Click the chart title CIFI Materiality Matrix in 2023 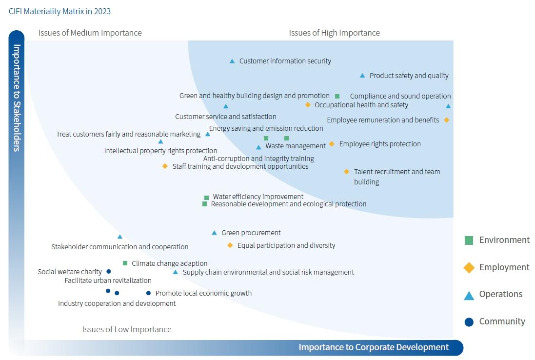(59, 11)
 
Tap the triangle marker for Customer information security (232, 61)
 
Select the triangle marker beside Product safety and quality (362, 76)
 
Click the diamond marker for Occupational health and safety (308, 105)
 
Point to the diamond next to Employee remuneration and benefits (446, 120)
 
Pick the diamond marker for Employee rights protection (332, 144)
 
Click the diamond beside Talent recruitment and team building (347, 172)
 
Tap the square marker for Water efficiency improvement (206, 198)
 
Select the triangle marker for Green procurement (214, 233)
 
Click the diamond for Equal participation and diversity (230, 245)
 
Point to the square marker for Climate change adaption (125, 263)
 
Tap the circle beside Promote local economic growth (148, 293)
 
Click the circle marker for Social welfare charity (109, 272)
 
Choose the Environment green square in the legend (469, 240)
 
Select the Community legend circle (469, 322)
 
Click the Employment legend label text (504, 267)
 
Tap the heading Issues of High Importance (334, 33)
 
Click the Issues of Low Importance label (127, 329)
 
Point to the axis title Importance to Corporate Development (374, 347)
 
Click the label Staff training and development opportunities (240, 166)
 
